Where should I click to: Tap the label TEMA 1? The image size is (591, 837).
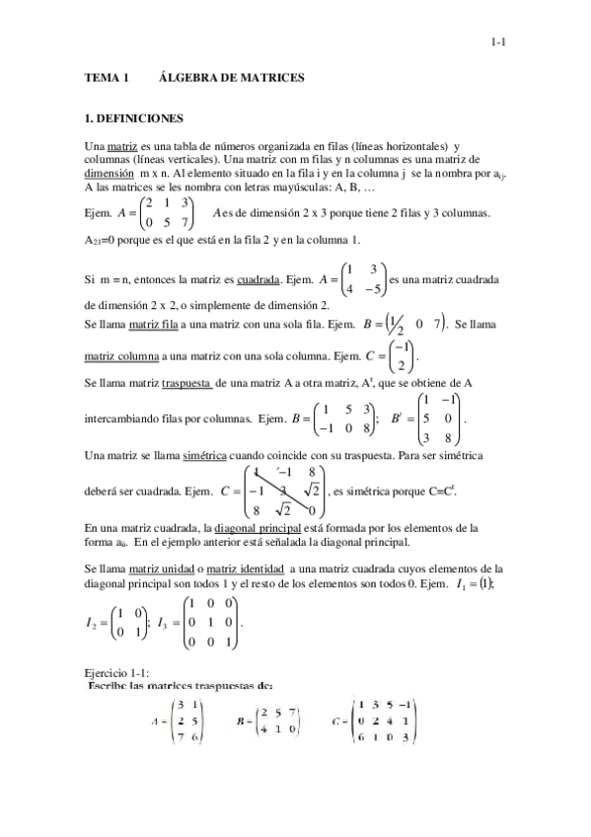107,77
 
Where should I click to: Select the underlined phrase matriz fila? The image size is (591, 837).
152,323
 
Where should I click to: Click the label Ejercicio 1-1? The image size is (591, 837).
117,671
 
